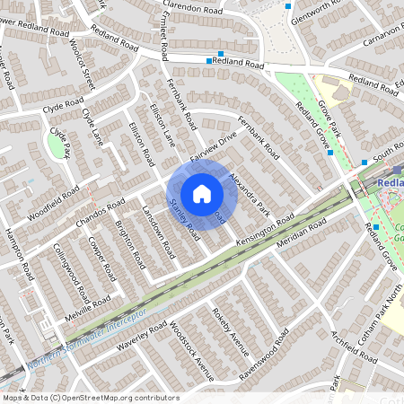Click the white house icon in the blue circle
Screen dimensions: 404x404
(202, 193)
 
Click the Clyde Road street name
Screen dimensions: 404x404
(62, 108)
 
